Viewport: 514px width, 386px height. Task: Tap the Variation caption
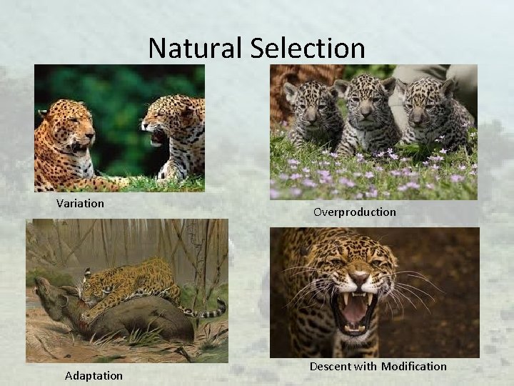click(80, 203)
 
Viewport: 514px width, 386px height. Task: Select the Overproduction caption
click(353, 212)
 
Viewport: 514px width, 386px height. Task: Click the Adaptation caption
click(94, 375)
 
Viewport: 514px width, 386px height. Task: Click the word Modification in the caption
click(413, 366)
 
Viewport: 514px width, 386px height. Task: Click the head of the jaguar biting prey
click(93, 289)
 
